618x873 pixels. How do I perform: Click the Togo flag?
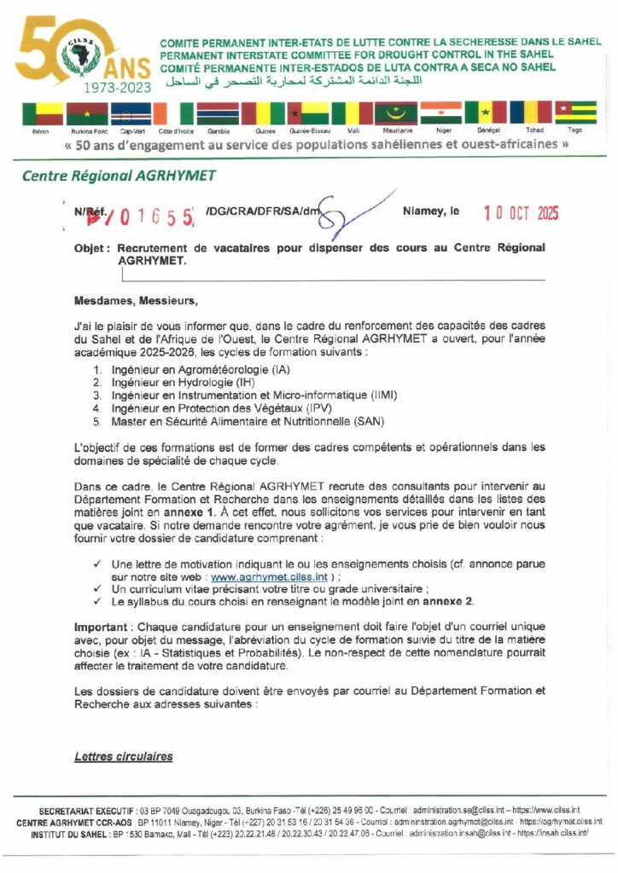point(574,113)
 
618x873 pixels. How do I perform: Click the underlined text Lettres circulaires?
point(123,756)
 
